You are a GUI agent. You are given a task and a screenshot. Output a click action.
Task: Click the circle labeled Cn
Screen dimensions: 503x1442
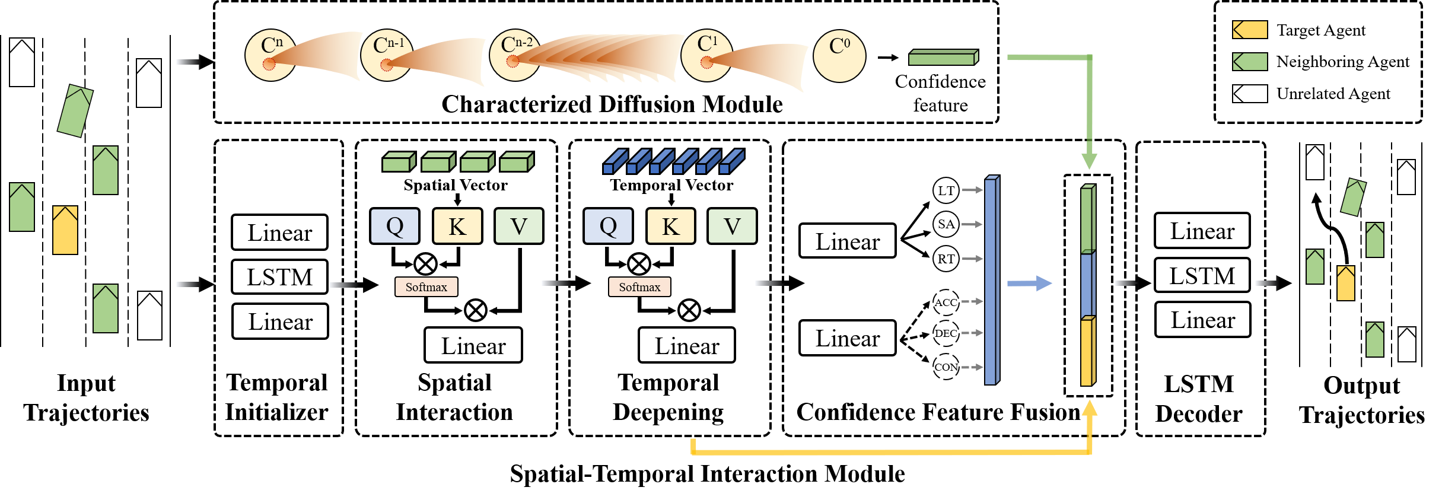270,55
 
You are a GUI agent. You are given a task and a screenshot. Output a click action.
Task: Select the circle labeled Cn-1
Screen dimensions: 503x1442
386,55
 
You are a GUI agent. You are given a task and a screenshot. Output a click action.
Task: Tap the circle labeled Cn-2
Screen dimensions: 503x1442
514,55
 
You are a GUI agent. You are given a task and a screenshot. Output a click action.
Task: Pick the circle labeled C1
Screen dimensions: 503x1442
706,55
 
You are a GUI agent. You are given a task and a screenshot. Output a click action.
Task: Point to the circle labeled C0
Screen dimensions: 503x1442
839,56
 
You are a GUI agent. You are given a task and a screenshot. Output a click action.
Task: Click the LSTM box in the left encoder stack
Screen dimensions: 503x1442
279,277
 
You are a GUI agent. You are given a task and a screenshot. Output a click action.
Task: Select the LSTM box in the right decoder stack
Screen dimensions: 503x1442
1202,275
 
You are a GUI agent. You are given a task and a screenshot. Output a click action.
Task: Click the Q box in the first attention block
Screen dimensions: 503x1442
394,226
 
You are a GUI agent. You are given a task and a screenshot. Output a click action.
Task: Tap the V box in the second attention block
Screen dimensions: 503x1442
732,226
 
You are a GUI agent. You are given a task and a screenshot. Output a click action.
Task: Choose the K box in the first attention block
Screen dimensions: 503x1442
457,226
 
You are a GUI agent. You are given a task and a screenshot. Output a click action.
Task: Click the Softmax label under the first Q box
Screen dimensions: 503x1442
426,287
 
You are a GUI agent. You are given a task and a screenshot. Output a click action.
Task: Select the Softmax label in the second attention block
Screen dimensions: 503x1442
639,287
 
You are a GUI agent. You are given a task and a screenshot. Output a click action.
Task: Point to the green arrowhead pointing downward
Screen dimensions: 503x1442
1089,161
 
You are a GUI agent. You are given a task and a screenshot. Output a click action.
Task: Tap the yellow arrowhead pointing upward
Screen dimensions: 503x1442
1089,408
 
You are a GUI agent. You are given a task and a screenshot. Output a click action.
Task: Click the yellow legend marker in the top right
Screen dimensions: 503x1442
1250,30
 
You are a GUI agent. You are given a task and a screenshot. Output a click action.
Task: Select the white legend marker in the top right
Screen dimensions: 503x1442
1250,94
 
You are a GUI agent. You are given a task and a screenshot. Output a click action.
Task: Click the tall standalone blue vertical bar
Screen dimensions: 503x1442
991,281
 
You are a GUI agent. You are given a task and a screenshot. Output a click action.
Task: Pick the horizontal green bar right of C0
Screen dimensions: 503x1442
943,58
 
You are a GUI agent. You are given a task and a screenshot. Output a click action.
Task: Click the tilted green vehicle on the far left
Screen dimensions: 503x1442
75,111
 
